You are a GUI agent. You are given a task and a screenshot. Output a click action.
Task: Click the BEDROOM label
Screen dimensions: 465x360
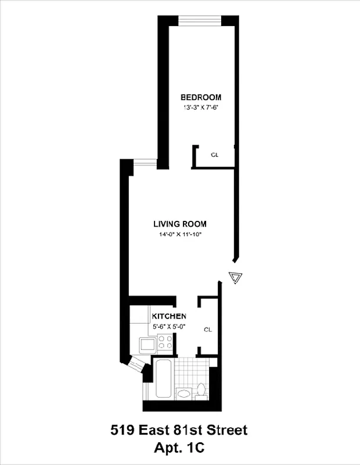(x=200, y=97)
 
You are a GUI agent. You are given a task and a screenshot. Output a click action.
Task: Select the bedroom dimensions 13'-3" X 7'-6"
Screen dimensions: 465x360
(x=200, y=108)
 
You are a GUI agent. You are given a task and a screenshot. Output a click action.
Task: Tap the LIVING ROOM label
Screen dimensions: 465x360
(x=180, y=224)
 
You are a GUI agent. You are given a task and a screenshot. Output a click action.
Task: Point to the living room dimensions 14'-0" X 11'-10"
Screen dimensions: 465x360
(x=180, y=235)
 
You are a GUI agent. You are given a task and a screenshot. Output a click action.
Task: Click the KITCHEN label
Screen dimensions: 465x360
(x=169, y=316)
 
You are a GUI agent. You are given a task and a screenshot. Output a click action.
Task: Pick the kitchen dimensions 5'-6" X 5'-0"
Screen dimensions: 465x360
(x=168, y=326)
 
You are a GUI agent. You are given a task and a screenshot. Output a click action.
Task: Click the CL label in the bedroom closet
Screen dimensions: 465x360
(x=214, y=155)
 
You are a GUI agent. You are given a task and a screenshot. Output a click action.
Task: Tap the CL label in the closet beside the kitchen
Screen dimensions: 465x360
(x=208, y=330)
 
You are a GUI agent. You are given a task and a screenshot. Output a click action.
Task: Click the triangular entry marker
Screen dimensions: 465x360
(x=235, y=277)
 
